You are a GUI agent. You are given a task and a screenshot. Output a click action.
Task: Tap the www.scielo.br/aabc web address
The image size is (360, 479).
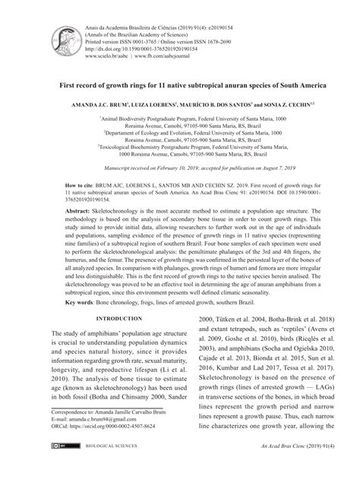pyautogui.click(x=108, y=55)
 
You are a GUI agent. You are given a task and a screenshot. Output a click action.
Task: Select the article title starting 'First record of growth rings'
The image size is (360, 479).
pyautogui.click(x=179, y=87)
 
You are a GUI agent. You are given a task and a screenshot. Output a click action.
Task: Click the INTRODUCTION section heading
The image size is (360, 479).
pyautogui.click(x=109, y=340)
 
